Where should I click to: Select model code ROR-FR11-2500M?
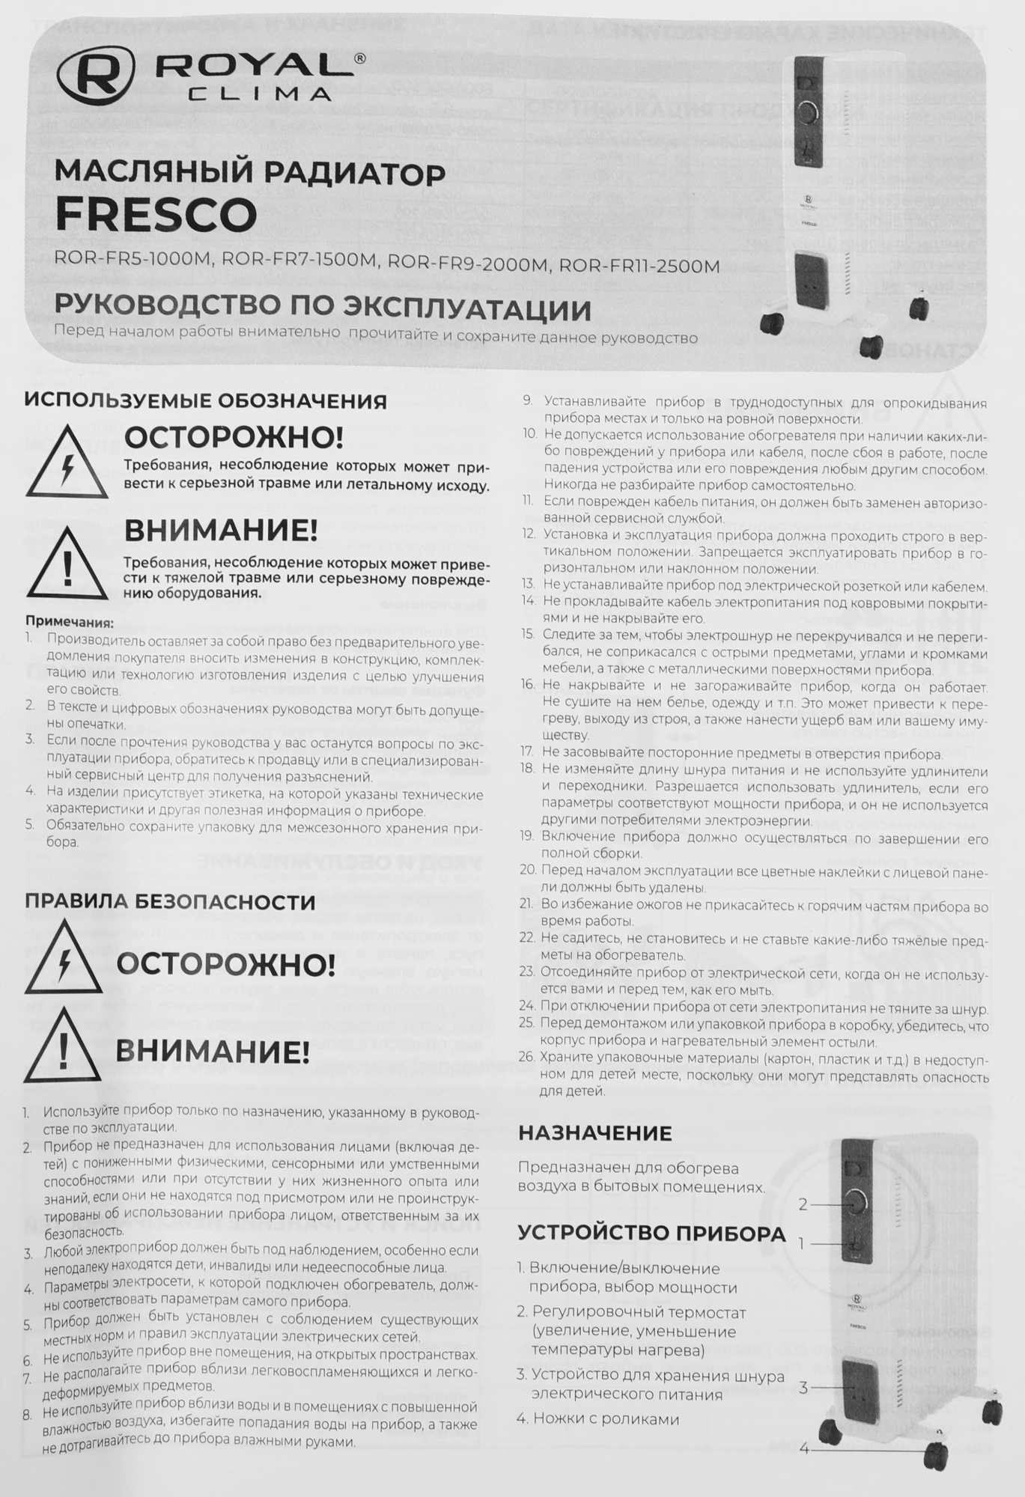639,266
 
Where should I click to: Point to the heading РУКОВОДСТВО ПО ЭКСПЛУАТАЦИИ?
323,308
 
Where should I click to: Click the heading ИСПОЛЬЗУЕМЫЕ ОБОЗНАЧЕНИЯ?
206,401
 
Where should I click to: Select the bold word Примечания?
70,622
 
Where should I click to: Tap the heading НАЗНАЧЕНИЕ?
595,1132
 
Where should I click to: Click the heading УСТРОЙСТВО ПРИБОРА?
651,1233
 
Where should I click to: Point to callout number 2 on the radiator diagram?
803,1204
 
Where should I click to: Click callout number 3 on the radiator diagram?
803,1388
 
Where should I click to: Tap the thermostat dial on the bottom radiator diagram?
855,1204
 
